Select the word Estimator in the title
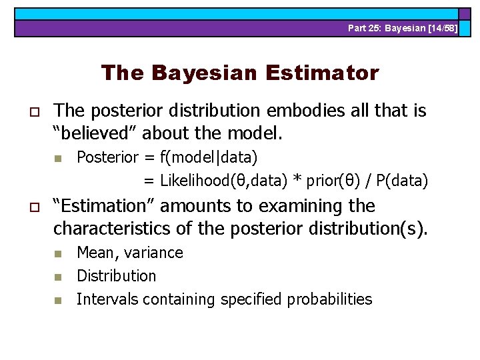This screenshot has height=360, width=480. [x=322, y=73]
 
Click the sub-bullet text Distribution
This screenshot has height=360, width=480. [x=116, y=276]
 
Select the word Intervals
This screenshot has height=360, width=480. [x=101, y=299]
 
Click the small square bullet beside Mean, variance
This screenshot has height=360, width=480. [x=58, y=253]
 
